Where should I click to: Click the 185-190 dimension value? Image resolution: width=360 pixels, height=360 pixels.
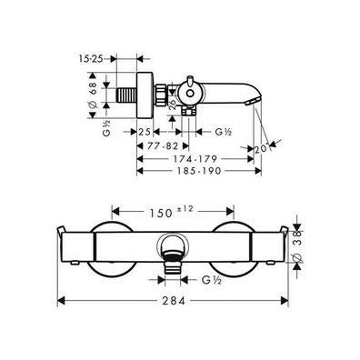click(x=200, y=171)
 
